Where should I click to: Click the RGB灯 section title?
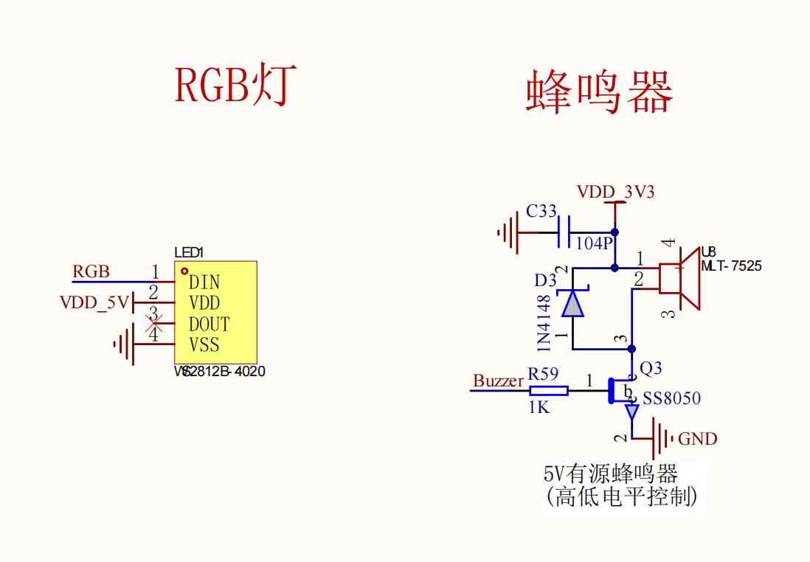pos(235,86)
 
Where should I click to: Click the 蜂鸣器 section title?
pos(599,93)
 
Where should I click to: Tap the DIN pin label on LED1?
pos(204,282)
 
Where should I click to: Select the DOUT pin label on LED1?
pos(209,325)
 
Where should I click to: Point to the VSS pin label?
pos(204,345)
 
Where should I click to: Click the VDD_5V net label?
pos(94,302)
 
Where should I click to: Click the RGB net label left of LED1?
pos(91,272)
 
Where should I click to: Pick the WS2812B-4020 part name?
pos(219,372)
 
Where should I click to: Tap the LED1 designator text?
pos(189,253)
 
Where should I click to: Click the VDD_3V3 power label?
pos(615,192)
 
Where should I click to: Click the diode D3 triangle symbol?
pos(572,303)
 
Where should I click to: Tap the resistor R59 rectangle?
pos(549,391)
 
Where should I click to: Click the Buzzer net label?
pos(498,381)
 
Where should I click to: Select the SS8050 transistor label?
pos(671,399)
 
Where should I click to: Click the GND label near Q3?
pos(697,440)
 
